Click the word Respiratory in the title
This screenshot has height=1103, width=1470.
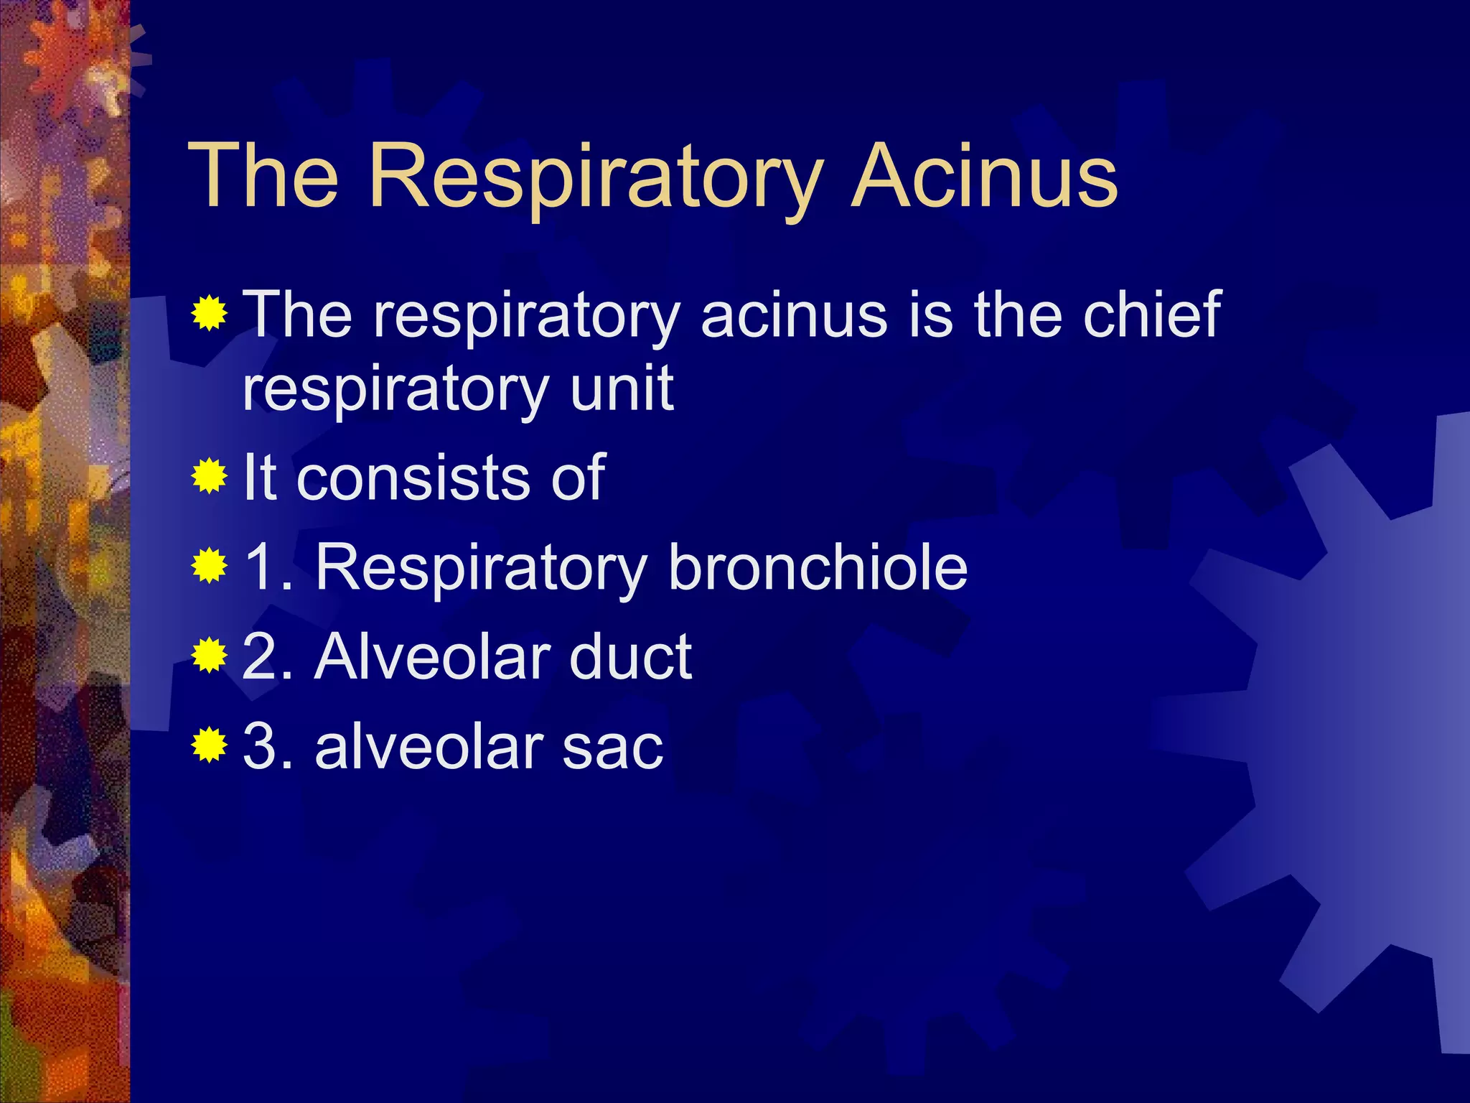click(x=594, y=176)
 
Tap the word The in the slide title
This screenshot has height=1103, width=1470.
click(x=263, y=176)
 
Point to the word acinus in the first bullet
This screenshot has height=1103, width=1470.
click(x=794, y=316)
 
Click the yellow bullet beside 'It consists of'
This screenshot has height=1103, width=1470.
click(x=210, y=476)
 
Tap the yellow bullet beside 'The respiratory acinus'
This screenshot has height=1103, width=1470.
click(x=210, y=313)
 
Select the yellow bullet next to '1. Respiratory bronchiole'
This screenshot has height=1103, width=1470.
click(x=210, y=567)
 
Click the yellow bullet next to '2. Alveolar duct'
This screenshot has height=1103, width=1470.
click(x=210, y=656)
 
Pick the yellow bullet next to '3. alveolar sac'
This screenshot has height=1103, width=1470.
click(x=210, y=745)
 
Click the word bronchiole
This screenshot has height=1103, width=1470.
click(x=818, y=567)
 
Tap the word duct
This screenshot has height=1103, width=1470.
click(x=630, y=656)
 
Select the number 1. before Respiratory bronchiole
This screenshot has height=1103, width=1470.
click(x=268, y=567)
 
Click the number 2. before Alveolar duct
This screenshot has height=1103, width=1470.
click(x=268, y=656)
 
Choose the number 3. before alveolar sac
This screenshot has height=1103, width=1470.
click(x=268, y=747)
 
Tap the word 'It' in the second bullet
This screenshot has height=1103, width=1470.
click(x=260, y=478)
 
